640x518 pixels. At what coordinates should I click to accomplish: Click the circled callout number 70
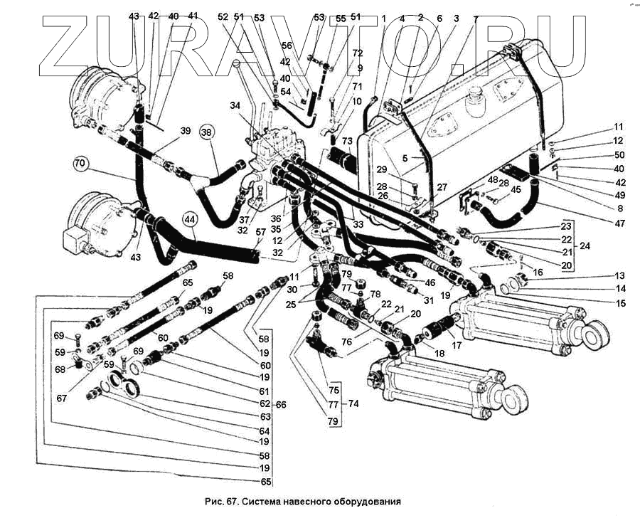[80, 164]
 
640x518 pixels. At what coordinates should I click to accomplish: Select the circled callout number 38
[207, 132]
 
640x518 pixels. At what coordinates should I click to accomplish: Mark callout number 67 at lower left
[62, 398]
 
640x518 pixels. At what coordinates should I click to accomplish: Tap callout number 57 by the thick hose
[261, 232]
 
